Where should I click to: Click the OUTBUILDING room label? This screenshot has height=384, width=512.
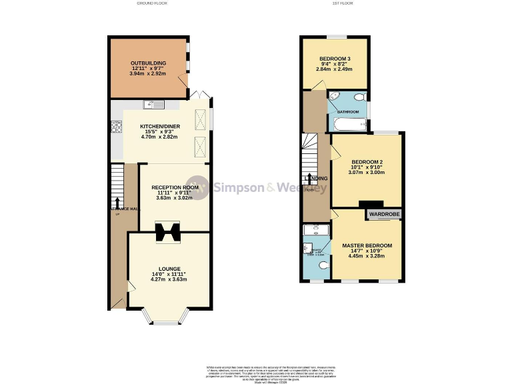148,63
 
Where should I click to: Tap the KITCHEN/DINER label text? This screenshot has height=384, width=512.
159,126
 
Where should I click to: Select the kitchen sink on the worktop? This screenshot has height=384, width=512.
153,105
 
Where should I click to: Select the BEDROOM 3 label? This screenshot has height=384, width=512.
334,57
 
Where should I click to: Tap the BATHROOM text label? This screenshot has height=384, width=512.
348,111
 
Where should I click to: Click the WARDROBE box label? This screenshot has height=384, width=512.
383,215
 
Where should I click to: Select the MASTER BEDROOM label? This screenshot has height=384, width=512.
367,245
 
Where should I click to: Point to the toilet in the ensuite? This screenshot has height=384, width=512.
323,265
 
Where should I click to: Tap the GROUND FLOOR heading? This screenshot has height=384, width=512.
153,3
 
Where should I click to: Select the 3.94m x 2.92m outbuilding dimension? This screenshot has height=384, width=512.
148,74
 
